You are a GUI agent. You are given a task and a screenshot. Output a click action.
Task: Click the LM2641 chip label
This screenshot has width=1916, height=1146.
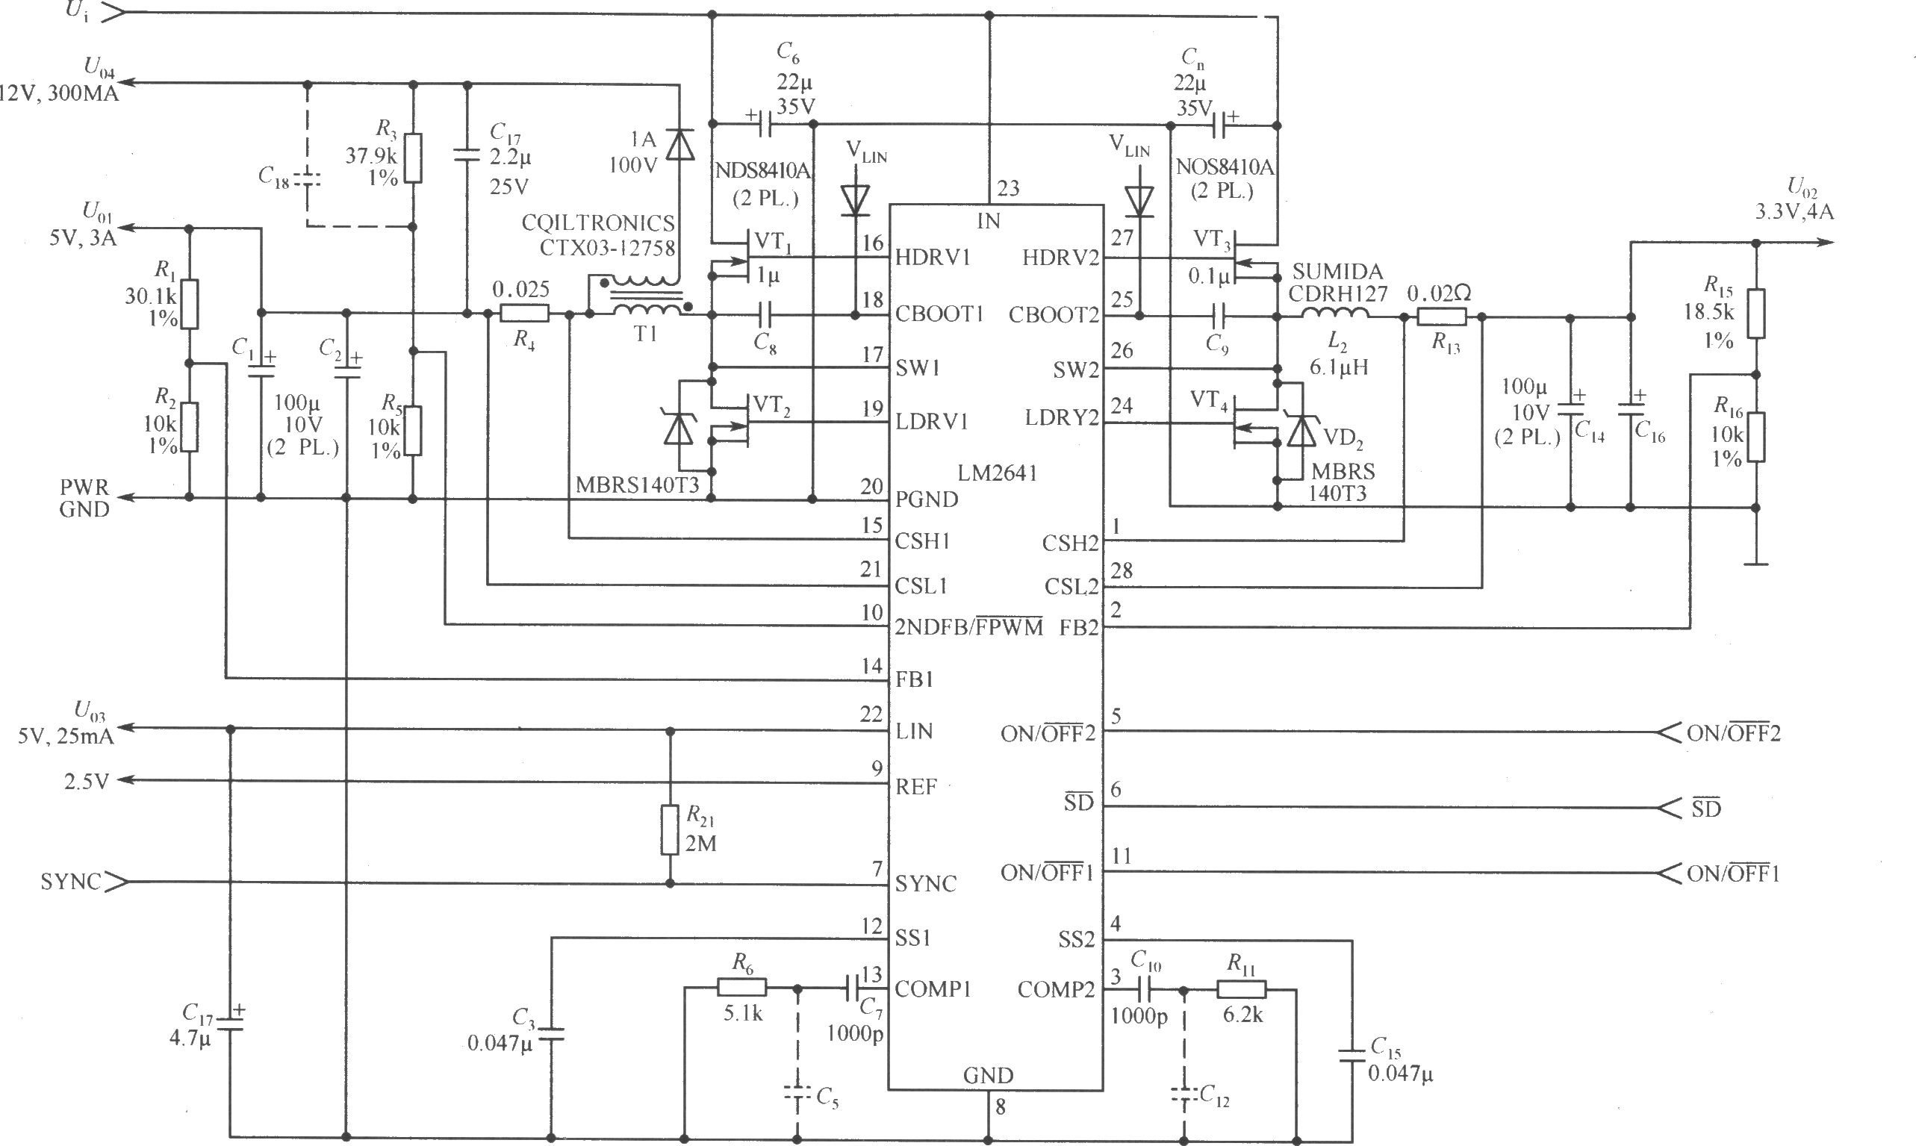point(997,473)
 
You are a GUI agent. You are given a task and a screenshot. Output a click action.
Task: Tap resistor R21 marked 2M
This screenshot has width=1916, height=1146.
point(670,830)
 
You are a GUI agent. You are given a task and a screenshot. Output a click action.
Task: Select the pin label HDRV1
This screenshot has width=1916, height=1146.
point(932,257)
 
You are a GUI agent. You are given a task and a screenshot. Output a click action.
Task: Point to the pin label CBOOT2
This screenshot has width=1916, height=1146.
point(1054,315)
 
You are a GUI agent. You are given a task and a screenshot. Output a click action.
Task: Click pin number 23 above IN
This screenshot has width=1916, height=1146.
point(1008,188)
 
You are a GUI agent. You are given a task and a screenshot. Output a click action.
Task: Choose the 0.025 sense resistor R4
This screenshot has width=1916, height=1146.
point(524,314)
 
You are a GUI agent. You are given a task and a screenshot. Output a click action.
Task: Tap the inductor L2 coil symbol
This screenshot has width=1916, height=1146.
point(1335,314)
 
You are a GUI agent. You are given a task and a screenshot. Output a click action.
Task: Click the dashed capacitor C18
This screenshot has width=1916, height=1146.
point(308,179)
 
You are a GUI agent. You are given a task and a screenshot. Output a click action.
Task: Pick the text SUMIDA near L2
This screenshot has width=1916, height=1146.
point(1337,272)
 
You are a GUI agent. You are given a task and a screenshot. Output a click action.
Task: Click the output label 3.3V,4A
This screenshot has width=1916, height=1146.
point(1794,211)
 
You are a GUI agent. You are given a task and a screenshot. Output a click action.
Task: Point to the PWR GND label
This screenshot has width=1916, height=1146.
point(84,498)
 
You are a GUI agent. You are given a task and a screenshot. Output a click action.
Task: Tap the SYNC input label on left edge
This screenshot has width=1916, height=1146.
point(70,882)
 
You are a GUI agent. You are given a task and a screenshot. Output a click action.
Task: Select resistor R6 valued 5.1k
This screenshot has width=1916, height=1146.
point(741,988)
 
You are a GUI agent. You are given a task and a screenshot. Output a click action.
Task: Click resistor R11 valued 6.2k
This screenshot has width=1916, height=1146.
point(1241,989)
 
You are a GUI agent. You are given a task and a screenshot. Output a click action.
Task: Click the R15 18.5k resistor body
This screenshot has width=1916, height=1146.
point(1755,314)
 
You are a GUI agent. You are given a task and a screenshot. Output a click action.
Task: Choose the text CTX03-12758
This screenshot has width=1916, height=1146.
point(607,247)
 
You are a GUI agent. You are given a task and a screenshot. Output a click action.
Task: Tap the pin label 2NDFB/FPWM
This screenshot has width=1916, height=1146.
point(968,627)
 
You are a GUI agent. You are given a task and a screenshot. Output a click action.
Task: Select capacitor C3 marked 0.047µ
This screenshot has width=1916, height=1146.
point(550,1034)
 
